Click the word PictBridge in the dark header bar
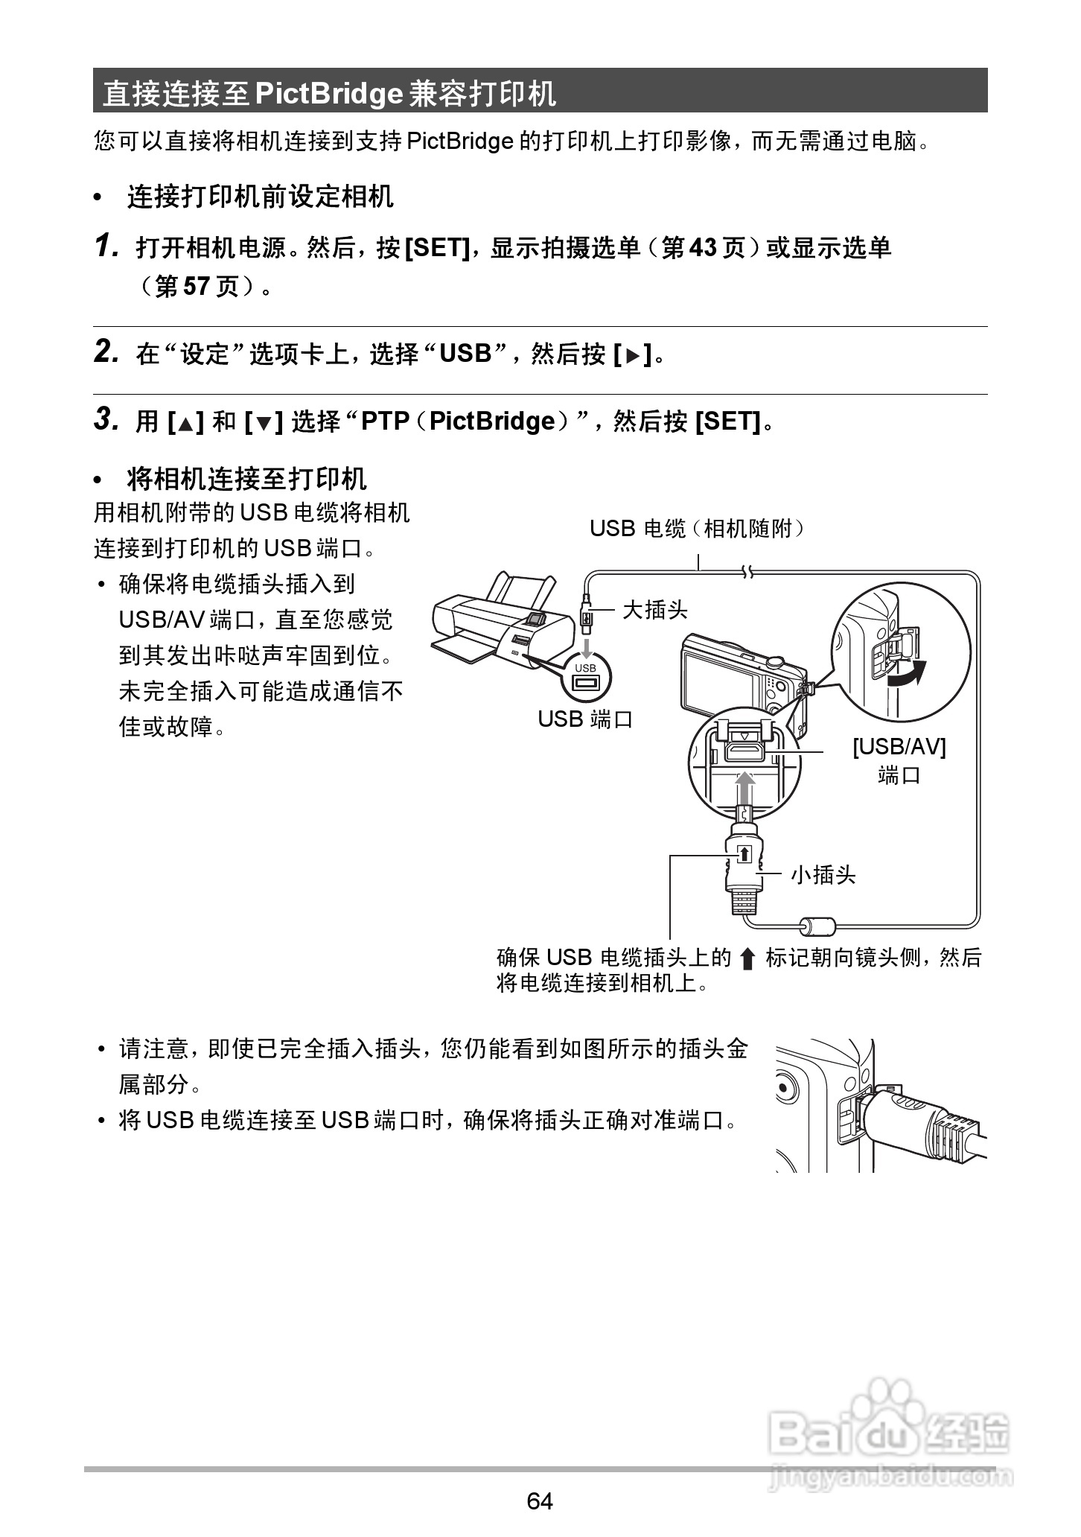click(328, 94)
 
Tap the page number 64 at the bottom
click(540, 1501)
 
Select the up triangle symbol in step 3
click(186, 423)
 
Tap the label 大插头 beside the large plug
click(655, 611)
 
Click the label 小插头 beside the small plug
click(823, 874)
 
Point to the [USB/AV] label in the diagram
click(899, 746)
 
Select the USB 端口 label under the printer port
click(585, 719)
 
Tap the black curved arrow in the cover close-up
click(908, 673)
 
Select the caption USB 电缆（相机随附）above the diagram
click(698, 529)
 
